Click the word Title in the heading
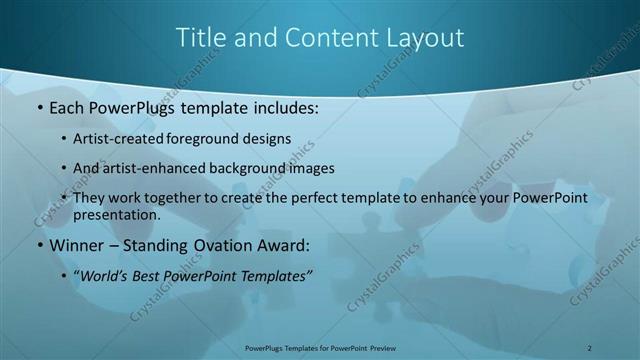(x=200, y=38)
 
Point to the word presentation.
(x=116, y=214)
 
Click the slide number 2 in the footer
(x=590, y=347)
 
